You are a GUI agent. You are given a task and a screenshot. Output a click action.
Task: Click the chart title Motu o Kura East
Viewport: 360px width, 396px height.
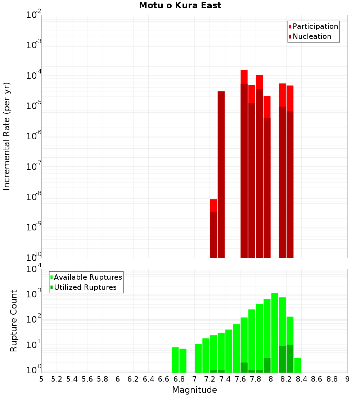[x=180, y=5]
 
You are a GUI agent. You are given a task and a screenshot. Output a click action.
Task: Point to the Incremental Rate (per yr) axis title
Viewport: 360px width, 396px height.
[x=7, y=136]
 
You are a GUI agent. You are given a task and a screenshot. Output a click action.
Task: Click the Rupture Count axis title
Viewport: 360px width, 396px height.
[x=14, y=321]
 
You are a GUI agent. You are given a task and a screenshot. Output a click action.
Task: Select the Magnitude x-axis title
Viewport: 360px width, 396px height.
[x=194, y=390]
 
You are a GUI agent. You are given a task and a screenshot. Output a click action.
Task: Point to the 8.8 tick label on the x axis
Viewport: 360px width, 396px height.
[x=332, y=379]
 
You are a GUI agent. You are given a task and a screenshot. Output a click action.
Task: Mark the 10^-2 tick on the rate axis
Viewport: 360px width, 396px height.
[x=34, y=15]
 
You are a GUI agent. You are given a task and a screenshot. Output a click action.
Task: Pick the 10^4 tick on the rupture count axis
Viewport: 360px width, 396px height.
[x=34, y=269]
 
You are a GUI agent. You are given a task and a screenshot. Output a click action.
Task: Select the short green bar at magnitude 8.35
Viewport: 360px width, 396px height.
[x=298, y=365]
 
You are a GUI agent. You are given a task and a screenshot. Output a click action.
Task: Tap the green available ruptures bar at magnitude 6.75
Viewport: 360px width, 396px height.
[x=175, y=360]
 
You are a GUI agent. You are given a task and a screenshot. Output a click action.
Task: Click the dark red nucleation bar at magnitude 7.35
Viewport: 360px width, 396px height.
[x=221, y=175]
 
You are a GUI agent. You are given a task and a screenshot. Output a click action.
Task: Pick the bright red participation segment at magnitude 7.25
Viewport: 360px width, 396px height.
[x=213, y=205]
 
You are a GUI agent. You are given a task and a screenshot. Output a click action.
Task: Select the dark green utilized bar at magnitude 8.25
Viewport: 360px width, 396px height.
[x=290, y=359]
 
